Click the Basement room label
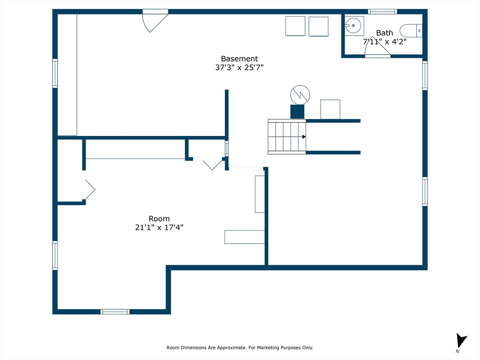click(x=240, y=59)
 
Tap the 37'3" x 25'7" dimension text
click(x=240, y=67)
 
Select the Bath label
click(x=384, y=33)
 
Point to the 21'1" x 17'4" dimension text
click(x=159, y=227)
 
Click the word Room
click(x=159, y=218)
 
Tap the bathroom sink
click(x=354, y=26)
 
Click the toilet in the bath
click(x=411, y=30)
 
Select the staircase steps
click(x=287, y=136)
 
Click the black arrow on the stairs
click(x=304, y=137)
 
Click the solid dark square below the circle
click(x=297, y=112)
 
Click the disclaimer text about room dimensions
click(x=240, y=347)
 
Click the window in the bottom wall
click(x=115, y=312)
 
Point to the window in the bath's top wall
click(x=382, y=12)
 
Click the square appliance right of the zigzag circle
click(x=330, y=109)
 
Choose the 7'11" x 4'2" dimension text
click(x=384, y=41)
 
